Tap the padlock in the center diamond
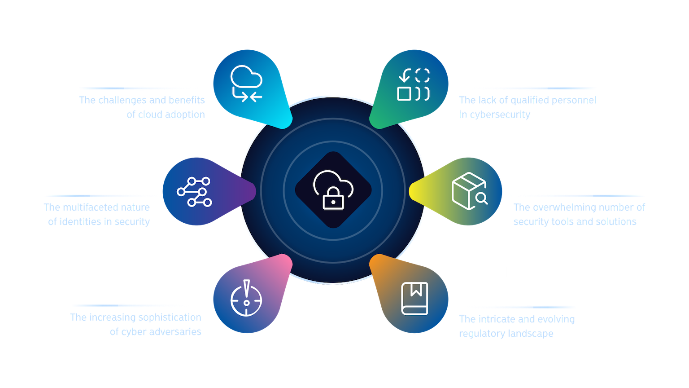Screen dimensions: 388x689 [332, 198]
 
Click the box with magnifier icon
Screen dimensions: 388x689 [469, 191]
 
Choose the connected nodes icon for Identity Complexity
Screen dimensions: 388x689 [194, 192]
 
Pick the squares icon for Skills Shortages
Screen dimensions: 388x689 [414, 84]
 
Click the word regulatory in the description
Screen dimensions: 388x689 [476, 333]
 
